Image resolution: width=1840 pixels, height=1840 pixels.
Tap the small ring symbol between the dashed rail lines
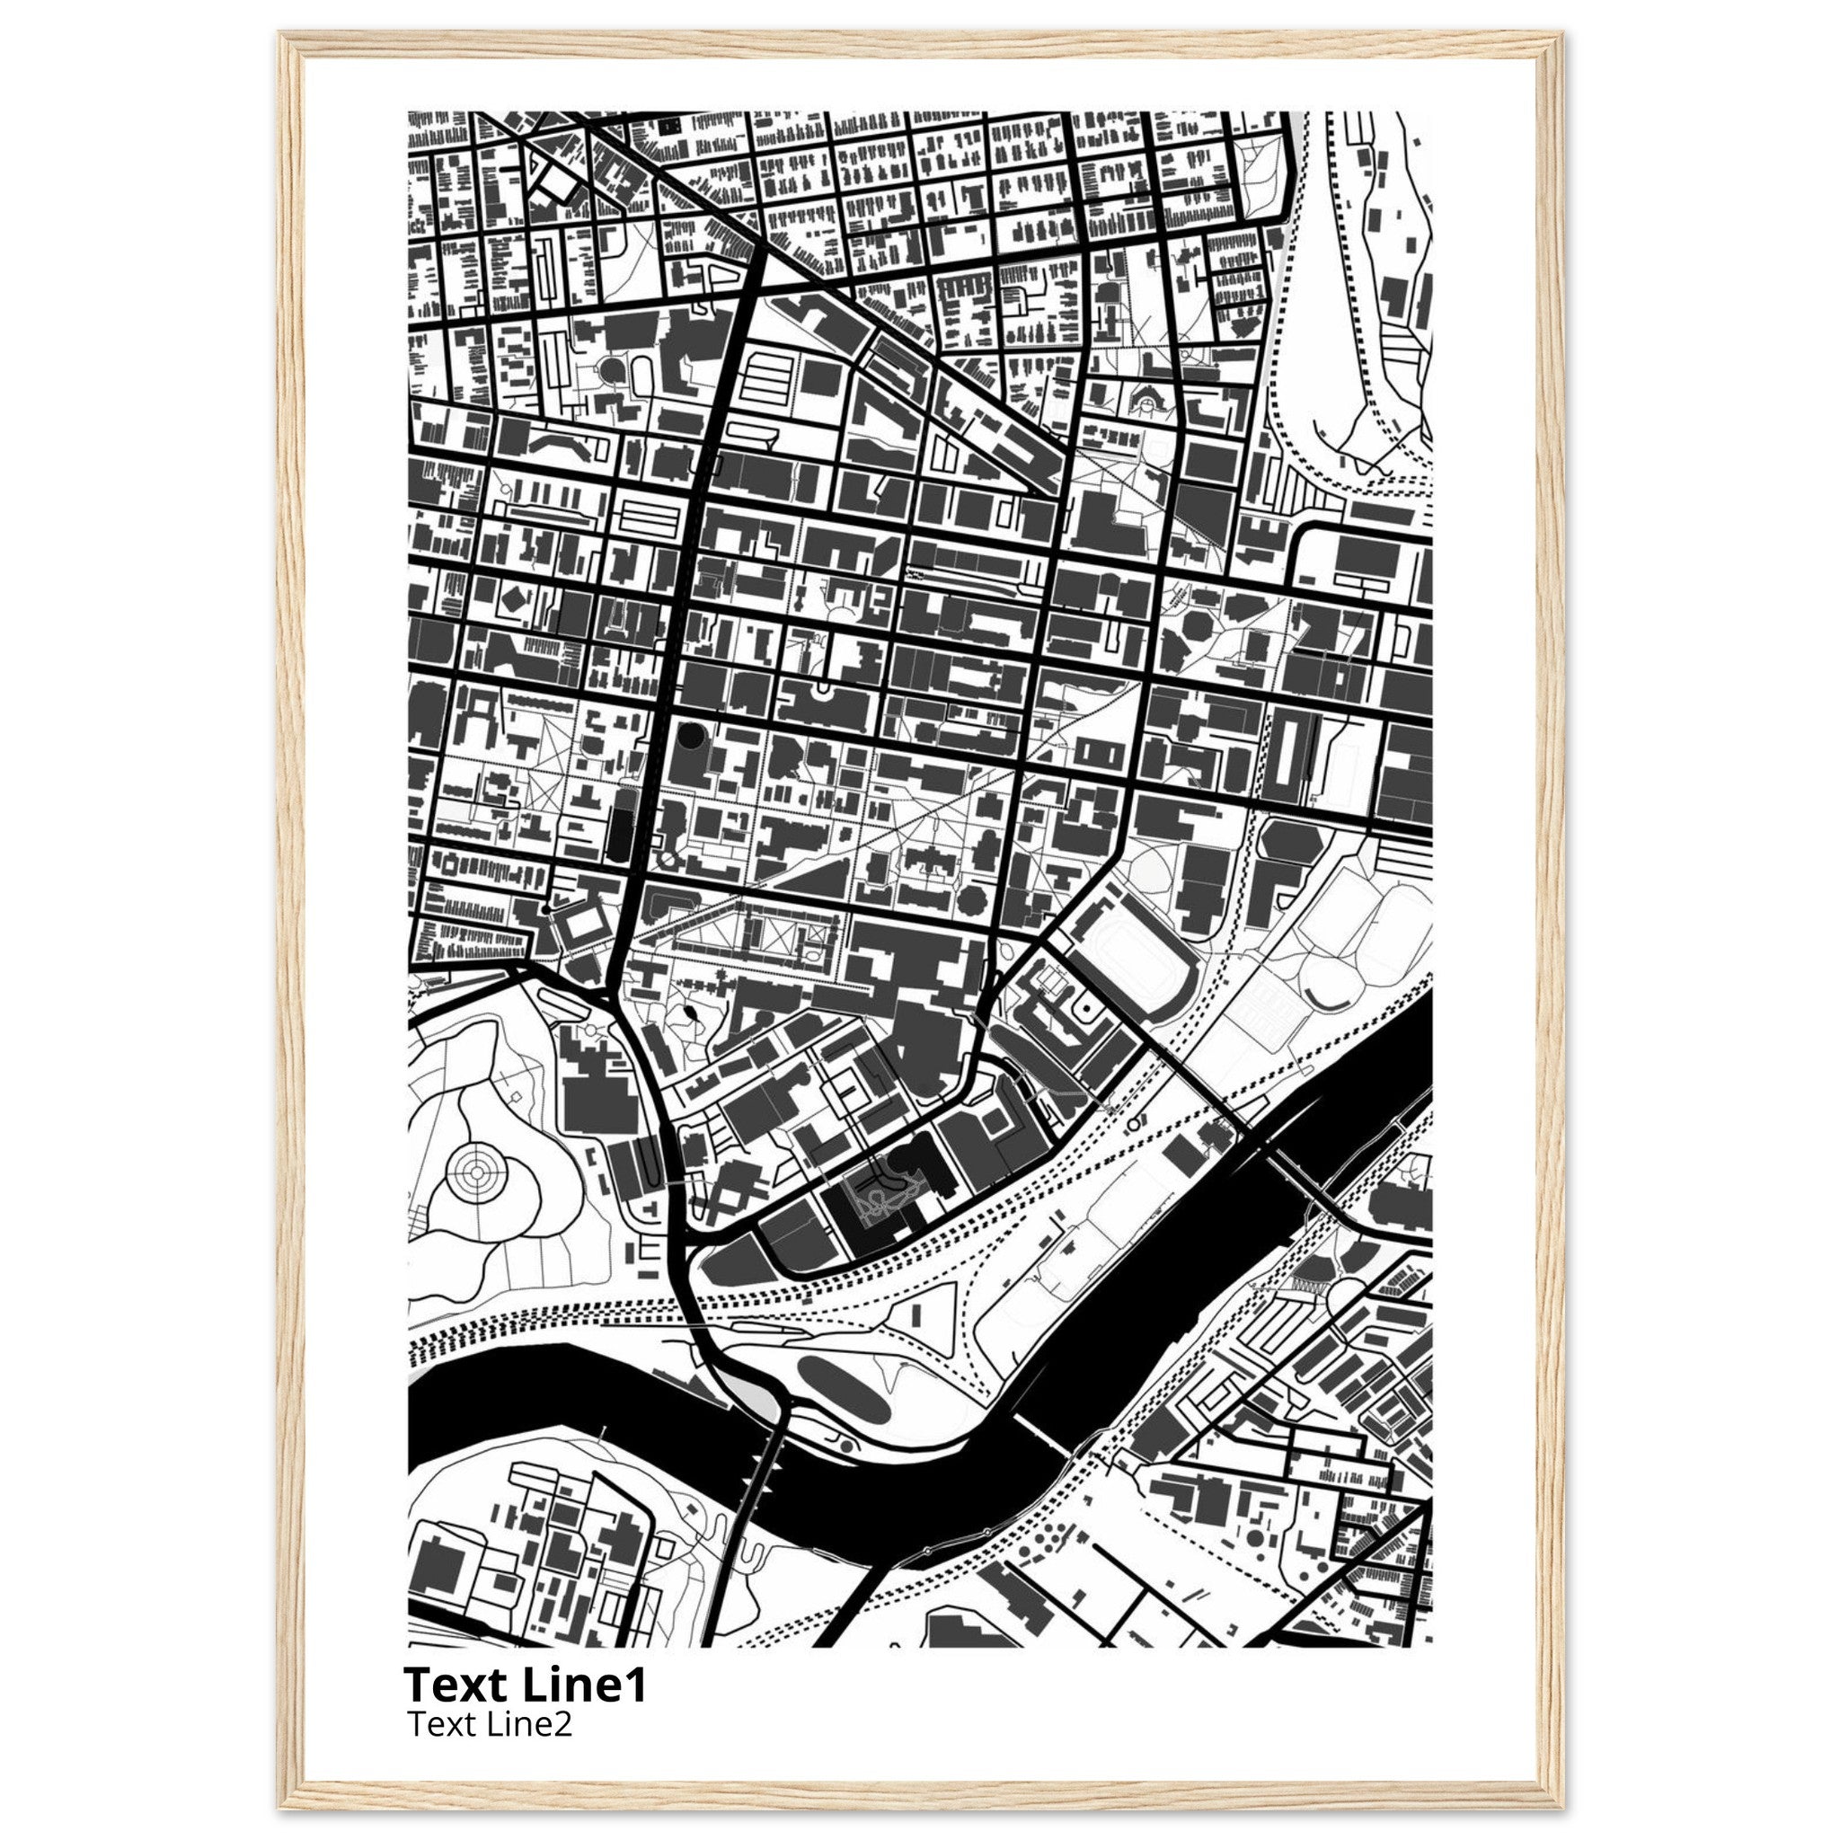point(1132,1124)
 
